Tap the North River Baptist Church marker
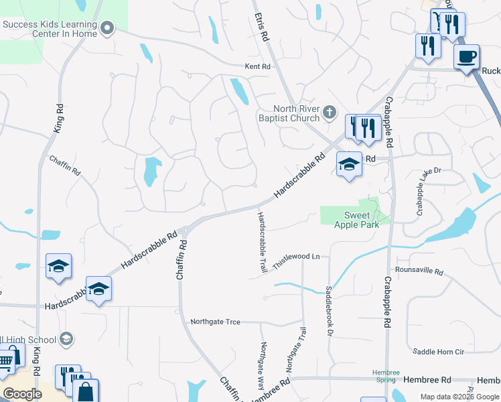(x=330, y=113)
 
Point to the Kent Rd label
(x=257, y=67)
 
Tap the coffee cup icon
(x=466, y=56)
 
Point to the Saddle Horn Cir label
(x=438, y=352)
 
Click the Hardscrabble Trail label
(x=262, y=242)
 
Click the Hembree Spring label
(x=385, y=376)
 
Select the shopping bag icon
(x=86, y=392)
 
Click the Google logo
(x=23, y=394)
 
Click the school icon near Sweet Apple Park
(x=348, y=165)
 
